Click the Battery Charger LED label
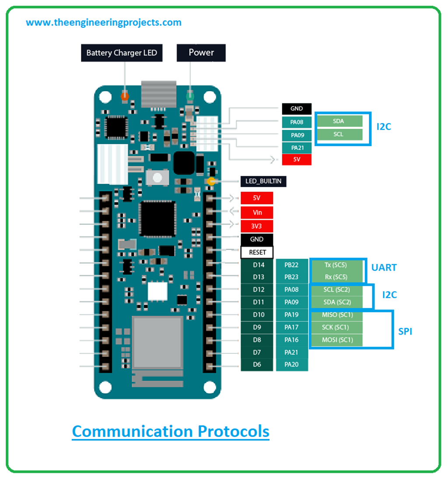(x=122, y=53)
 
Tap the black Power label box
(x=201, y=53)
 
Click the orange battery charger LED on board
(x=125, y=95)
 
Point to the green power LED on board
(x=190, y=96)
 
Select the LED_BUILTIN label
(x=263, y=181)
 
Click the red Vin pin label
(x=257, y=212)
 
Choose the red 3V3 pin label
(x=257, y=226)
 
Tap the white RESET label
(x=257, y=252)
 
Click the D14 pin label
(x=259, y=264)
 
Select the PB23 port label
(x=291, y=277)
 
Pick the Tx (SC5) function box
(x=336, y=264)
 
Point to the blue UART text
(x=384, y=267)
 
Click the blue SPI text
(x=405, y=331)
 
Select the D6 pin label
(x=257, y=364)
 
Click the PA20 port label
(x=291, y=364)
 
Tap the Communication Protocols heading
(x=171, y=431)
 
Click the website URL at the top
(x=103, y=22)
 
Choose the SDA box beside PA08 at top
(x=338, y=121)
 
